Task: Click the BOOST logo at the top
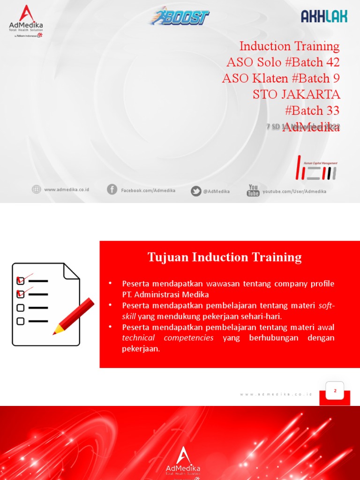click(179, 16)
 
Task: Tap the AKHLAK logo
click(324, 16)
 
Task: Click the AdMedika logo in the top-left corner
click(26, 21)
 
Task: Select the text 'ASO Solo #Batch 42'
click(283, 62)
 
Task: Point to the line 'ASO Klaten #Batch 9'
click(281, 78)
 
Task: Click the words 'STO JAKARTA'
click(296, 94)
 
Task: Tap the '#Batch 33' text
click(312, 111)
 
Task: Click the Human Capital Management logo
click(317, 168)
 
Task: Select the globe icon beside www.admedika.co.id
click(36, 189)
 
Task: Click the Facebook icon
click(112, 189)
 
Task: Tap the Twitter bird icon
click(196, 191)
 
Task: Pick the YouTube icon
click(253, 190)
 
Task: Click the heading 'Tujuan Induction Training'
click(225, 257)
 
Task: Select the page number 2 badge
click(335, 390)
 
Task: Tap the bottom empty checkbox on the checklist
click(21, 321)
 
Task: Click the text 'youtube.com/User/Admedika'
click(294, 191)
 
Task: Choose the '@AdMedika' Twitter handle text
click(216, 191)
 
